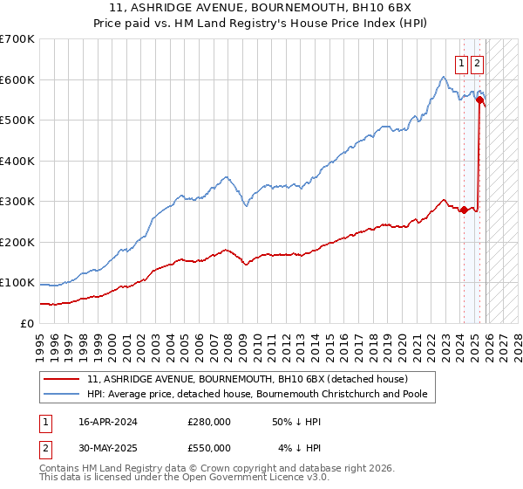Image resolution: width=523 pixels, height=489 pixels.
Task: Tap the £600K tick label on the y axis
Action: (17, 79)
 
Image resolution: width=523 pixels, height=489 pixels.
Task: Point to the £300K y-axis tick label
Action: (17, 202)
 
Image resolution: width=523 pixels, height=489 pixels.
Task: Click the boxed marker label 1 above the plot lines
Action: (461, 63)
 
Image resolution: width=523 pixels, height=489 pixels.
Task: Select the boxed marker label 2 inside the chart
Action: (478, 63)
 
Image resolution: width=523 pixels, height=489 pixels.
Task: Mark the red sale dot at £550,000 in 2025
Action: (479, 100)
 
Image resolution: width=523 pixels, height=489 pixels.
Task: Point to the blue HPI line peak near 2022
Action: (443, 77)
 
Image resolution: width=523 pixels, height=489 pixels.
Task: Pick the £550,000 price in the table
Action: (209, 447)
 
